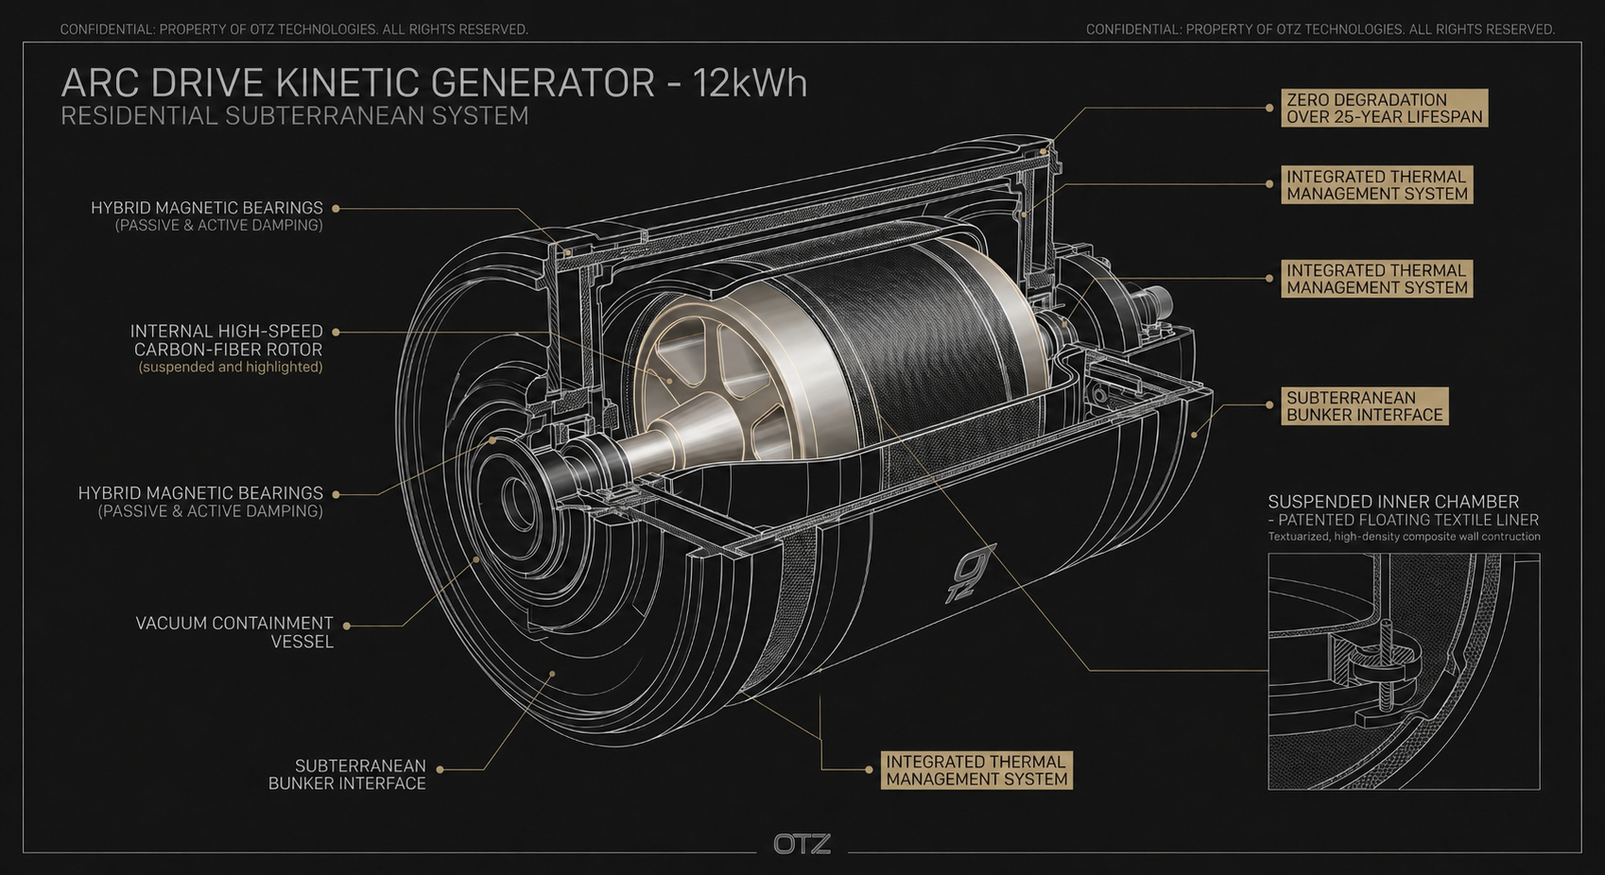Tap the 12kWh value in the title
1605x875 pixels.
point(750,83)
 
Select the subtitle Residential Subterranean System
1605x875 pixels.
point(295,116)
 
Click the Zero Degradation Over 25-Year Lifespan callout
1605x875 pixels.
point(1385,108)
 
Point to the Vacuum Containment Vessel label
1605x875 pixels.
point(234,632)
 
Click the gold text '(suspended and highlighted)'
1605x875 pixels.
point(230,368)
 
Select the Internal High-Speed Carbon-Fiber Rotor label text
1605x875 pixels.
point(227,340)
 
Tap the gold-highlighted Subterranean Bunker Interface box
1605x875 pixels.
point(1364,406)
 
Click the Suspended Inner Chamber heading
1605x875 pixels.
point(1393,501)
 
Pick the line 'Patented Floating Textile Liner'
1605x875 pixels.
point(1408,520)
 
